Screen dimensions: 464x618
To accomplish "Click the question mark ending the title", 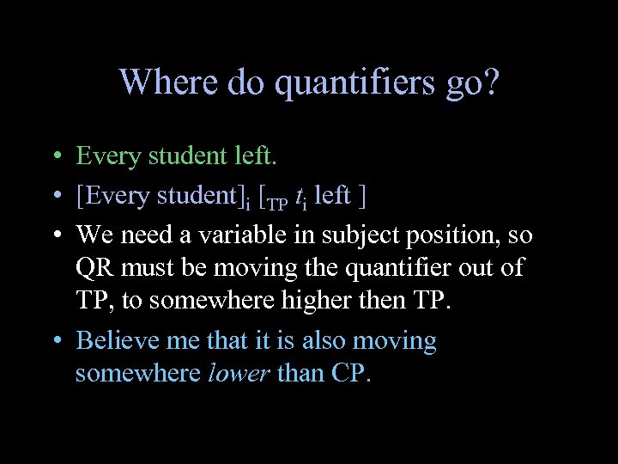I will tap(489, 82).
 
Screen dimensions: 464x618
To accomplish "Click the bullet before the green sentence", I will tap(54, 157).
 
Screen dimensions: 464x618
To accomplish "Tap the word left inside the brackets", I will tap(332, 196).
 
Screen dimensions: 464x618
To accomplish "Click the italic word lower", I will tap(239, 375).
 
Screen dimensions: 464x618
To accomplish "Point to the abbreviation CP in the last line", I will tap(350, 375).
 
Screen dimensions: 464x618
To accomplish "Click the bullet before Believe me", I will tap(54, 341).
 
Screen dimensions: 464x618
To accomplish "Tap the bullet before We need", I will tap(54, 235).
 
